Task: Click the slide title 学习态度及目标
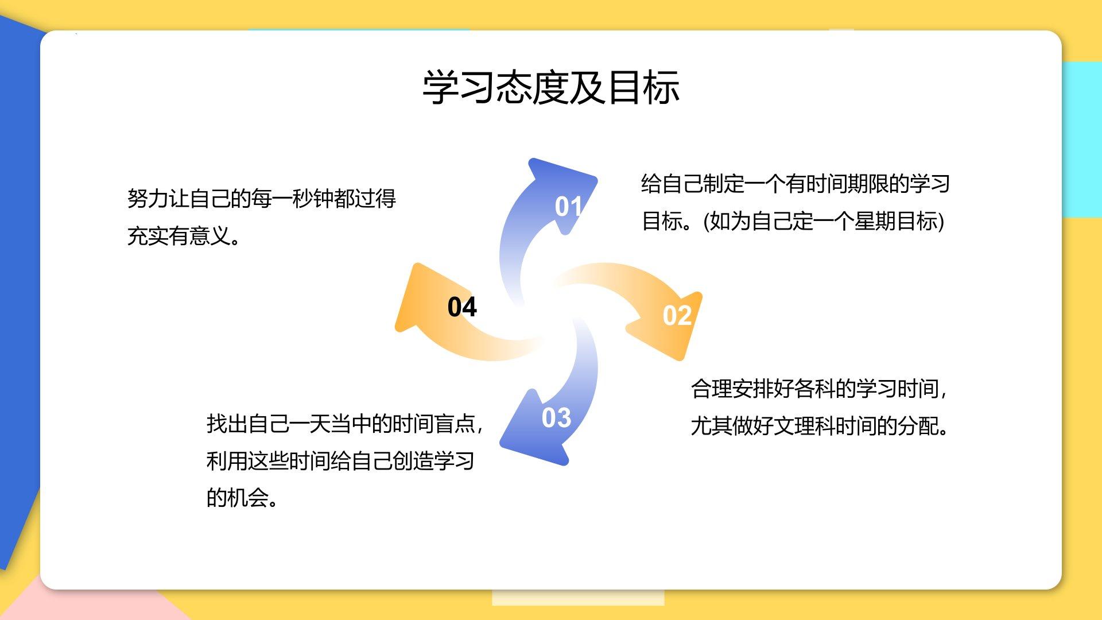pyautogui.click(x=551, y=88)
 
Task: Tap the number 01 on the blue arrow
pyautogui.click(x=568, y=207)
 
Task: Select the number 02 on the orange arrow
pyautogui.click(x=677, y=316)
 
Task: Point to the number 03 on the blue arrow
pyautogui.click(x=556, y=418)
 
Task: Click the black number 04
pyautogui.click(x=462, y=307)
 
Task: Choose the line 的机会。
pyautogui.click(x=243, y=498)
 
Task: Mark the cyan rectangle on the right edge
pyautogui.click(x=1082, y=139)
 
